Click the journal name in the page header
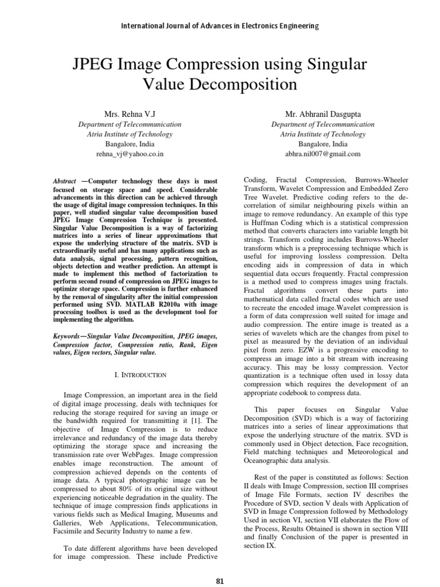(220, 26)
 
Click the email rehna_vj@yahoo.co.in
(129, 154)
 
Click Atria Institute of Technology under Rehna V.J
(129, 134)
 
